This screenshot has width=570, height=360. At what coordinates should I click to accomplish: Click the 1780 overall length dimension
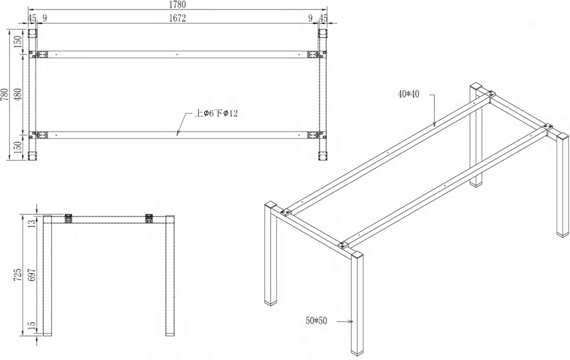(x=177, y=4)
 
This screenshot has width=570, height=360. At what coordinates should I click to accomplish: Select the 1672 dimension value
(x=177, y=18)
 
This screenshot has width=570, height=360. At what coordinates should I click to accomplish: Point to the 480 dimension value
(x=18, y=95)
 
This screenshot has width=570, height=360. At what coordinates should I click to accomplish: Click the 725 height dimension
(x=17, y=275)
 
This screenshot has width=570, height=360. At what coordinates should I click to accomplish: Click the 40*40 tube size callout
(x=408, y=94)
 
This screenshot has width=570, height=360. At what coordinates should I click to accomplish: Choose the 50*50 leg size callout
(x=316, y=321)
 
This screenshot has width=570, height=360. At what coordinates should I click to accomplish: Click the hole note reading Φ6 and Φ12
(x=216, y=113)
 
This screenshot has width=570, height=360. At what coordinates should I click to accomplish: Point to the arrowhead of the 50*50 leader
(x=352, y=322)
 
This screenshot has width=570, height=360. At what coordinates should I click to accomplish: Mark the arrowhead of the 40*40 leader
(x=434, y=125)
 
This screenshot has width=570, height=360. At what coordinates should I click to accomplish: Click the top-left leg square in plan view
(x=32, y=33)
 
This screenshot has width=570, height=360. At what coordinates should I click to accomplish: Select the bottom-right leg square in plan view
(x=323, y=156)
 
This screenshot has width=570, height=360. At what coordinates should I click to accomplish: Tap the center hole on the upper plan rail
(x=177, y=54)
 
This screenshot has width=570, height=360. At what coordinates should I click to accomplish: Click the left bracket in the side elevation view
(x=68, y=218)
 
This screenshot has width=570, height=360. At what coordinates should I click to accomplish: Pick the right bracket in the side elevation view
(x=149, y=218)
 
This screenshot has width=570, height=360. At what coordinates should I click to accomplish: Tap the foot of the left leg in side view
(x=47, y=334)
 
